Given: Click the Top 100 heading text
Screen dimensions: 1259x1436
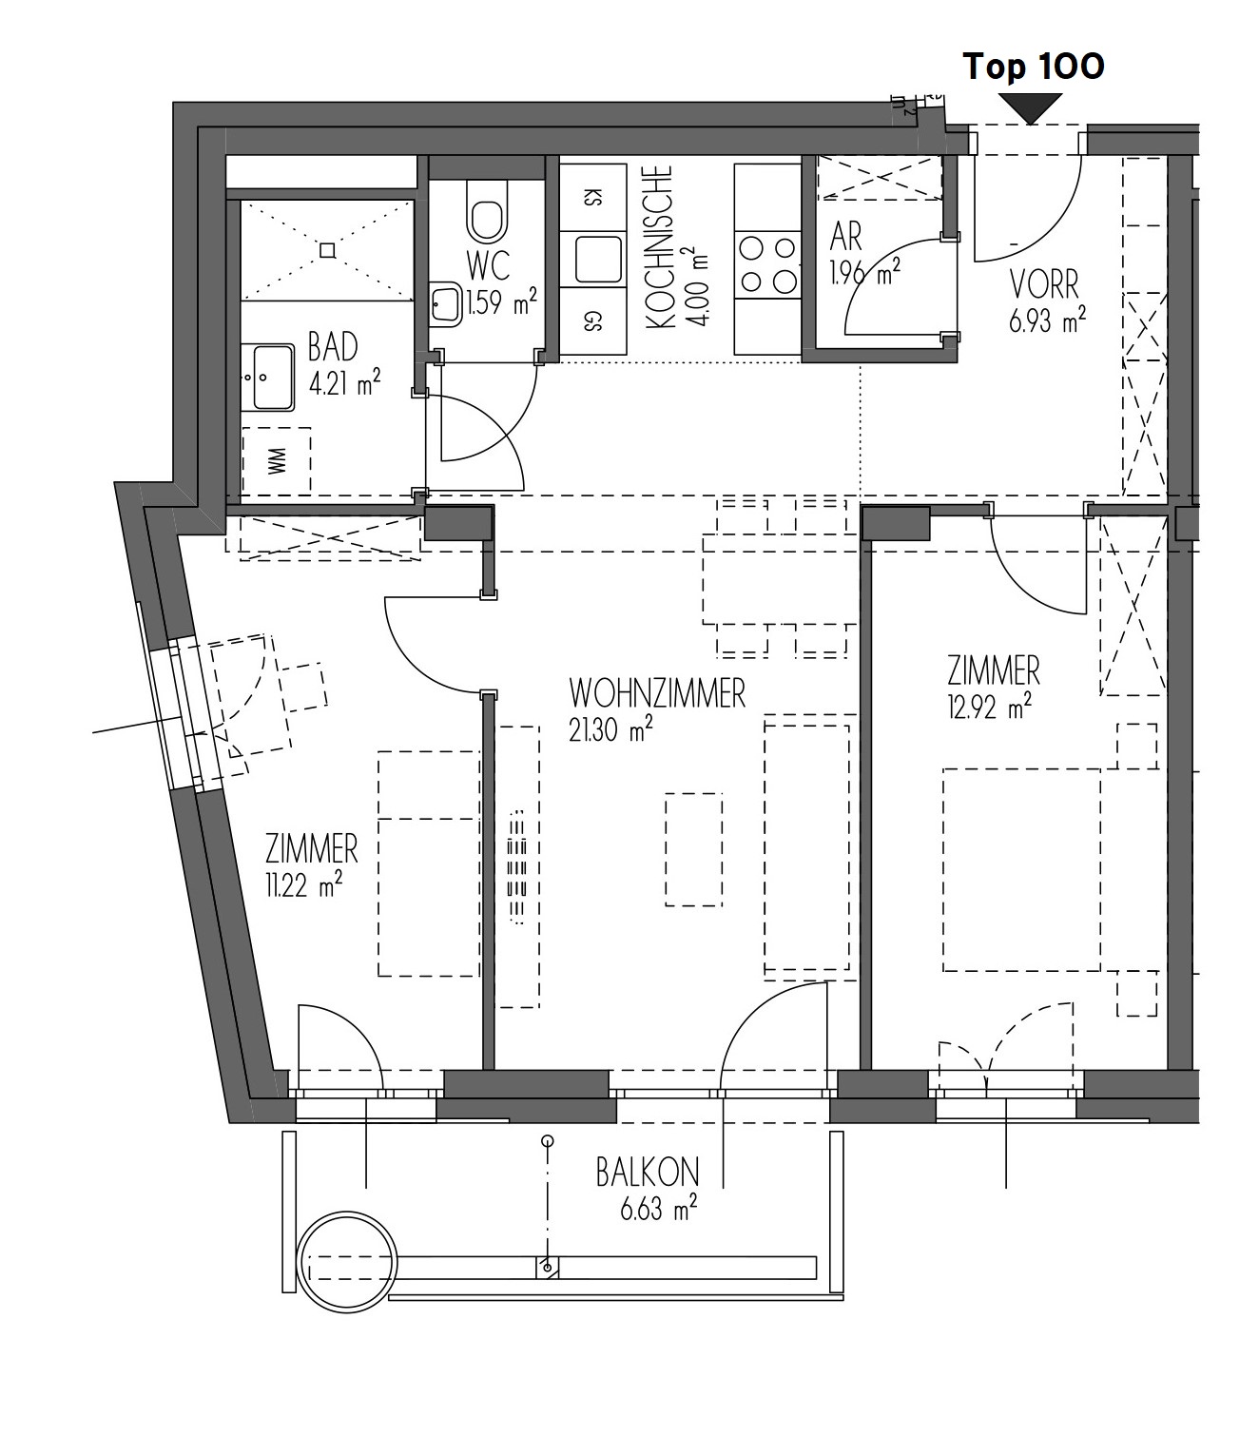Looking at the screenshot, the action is (1033, 68).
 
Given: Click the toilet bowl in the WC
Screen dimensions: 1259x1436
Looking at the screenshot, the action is (487, 210).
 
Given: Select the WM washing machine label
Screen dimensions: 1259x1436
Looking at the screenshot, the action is (277, 460).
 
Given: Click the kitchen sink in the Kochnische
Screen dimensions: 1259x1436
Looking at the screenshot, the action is (599, 259).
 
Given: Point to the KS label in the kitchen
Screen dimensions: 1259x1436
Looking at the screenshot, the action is (592, 198).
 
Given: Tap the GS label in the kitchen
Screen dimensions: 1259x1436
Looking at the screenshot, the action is (592, 323).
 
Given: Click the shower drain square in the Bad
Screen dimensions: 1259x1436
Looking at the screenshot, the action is (327, 250).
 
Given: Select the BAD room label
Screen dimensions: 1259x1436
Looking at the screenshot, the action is (333, 347).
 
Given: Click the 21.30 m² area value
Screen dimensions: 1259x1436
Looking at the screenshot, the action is (610, 728).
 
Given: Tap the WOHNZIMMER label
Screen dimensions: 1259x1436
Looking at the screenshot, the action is (657, 693).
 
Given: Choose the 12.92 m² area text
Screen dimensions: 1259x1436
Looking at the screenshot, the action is (989, 706).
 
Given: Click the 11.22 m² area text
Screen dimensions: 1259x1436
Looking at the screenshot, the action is (304, 884).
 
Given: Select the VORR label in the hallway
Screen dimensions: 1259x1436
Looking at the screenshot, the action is (1044, 285).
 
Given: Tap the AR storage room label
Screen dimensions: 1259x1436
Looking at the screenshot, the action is (845, 237).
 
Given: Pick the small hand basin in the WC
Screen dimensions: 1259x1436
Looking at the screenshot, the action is (445, 304).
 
